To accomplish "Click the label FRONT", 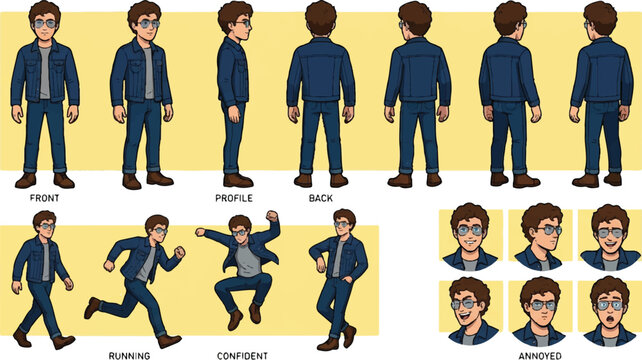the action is tap(44, 198).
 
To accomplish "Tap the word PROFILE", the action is tap(234, 198).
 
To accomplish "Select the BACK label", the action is tap(321, 198).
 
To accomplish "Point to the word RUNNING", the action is tap(129, 355).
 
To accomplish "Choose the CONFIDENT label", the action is tap(242, 355).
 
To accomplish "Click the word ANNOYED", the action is tap(540, 355).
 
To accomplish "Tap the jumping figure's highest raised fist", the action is tap(272, 216).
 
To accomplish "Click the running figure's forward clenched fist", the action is tap(179, 252).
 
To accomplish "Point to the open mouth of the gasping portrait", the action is tap(610, 319).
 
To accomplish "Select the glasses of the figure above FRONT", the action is tap(45, 24).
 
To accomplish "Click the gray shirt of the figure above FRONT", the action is tap(45, 72).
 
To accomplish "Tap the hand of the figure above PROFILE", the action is tap(234, 114).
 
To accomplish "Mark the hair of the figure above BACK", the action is tap(321, 16).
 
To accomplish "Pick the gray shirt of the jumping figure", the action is tap(248, 260).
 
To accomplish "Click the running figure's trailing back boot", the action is tap(92, 308).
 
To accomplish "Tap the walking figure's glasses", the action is tap(47, 226).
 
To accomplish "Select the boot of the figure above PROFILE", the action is tap(237, 180).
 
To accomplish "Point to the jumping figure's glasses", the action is tap(240, 233).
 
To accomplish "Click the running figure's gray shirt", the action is tap(146, 263).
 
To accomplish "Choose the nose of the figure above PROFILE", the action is tap(250, 27).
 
